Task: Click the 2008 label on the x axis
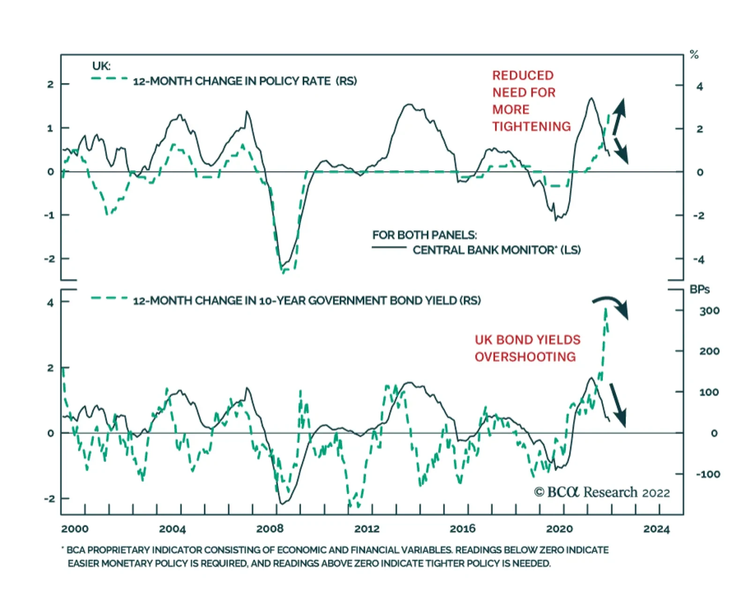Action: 270,529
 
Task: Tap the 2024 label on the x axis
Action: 656,529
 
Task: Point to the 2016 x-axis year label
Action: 463,529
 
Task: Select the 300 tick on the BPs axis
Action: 709,311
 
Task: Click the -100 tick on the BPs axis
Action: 708,474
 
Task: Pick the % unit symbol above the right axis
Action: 694,55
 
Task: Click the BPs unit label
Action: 699,289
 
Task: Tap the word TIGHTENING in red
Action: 532,127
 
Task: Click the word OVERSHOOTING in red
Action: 525,357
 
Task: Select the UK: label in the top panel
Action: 101,66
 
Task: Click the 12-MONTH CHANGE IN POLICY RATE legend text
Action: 245,81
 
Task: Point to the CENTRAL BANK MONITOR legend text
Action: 496,250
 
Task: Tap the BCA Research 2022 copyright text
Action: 602,492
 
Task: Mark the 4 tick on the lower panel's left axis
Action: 50,303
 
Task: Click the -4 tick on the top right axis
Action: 698,259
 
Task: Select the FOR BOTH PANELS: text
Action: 424,235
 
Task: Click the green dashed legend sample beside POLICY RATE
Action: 109,78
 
